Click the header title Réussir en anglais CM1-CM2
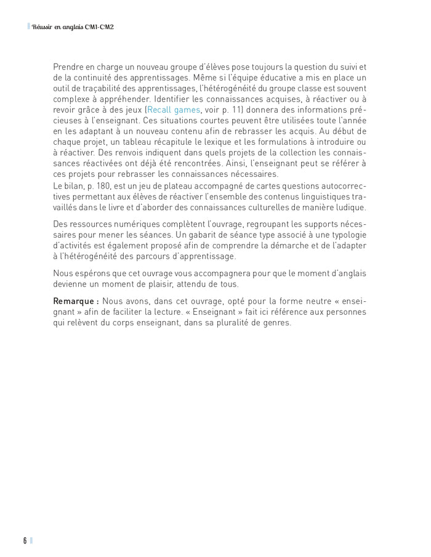click(73, 27)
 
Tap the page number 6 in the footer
click(25, 540)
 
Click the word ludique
click(350, 207)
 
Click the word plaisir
click(174, 283)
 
